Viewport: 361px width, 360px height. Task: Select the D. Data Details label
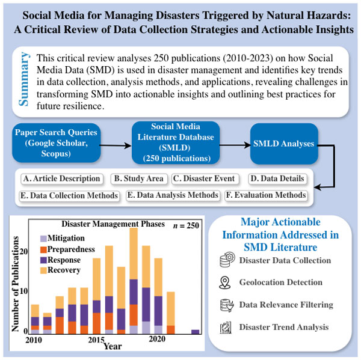click(277, 178)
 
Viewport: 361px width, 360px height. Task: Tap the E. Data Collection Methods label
click(68, 195)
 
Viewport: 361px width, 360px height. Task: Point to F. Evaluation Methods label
click(265, 195)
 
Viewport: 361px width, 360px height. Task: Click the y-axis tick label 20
click(23, 251)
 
